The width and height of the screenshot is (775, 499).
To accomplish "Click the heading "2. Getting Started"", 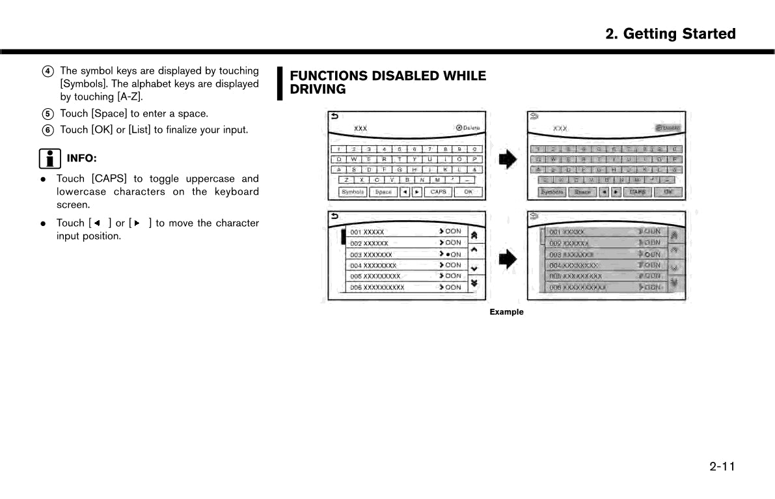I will (670, 34).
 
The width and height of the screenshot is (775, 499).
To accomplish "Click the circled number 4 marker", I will (48, 71).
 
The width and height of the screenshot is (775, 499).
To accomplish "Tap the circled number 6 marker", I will (48, 130).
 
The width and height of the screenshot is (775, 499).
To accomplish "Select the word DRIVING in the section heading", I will (318, 90).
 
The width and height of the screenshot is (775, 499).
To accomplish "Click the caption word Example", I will (506, 312).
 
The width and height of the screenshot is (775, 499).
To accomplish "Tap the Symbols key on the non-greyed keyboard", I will (353, 192).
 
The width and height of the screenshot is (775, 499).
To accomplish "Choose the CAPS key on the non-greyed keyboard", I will (439, 192).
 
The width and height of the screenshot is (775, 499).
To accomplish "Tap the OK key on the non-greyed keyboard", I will (468, 192).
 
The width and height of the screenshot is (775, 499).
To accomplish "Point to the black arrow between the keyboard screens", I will (508, 159).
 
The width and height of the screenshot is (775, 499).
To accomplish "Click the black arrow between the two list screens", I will (508, 260).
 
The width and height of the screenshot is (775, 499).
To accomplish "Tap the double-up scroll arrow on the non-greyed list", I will (474, 235).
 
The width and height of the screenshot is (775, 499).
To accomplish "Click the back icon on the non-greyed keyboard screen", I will (335, 117).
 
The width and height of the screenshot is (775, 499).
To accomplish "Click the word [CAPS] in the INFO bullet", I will (109, 178).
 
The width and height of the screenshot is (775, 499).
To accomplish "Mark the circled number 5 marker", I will (48, 113).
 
